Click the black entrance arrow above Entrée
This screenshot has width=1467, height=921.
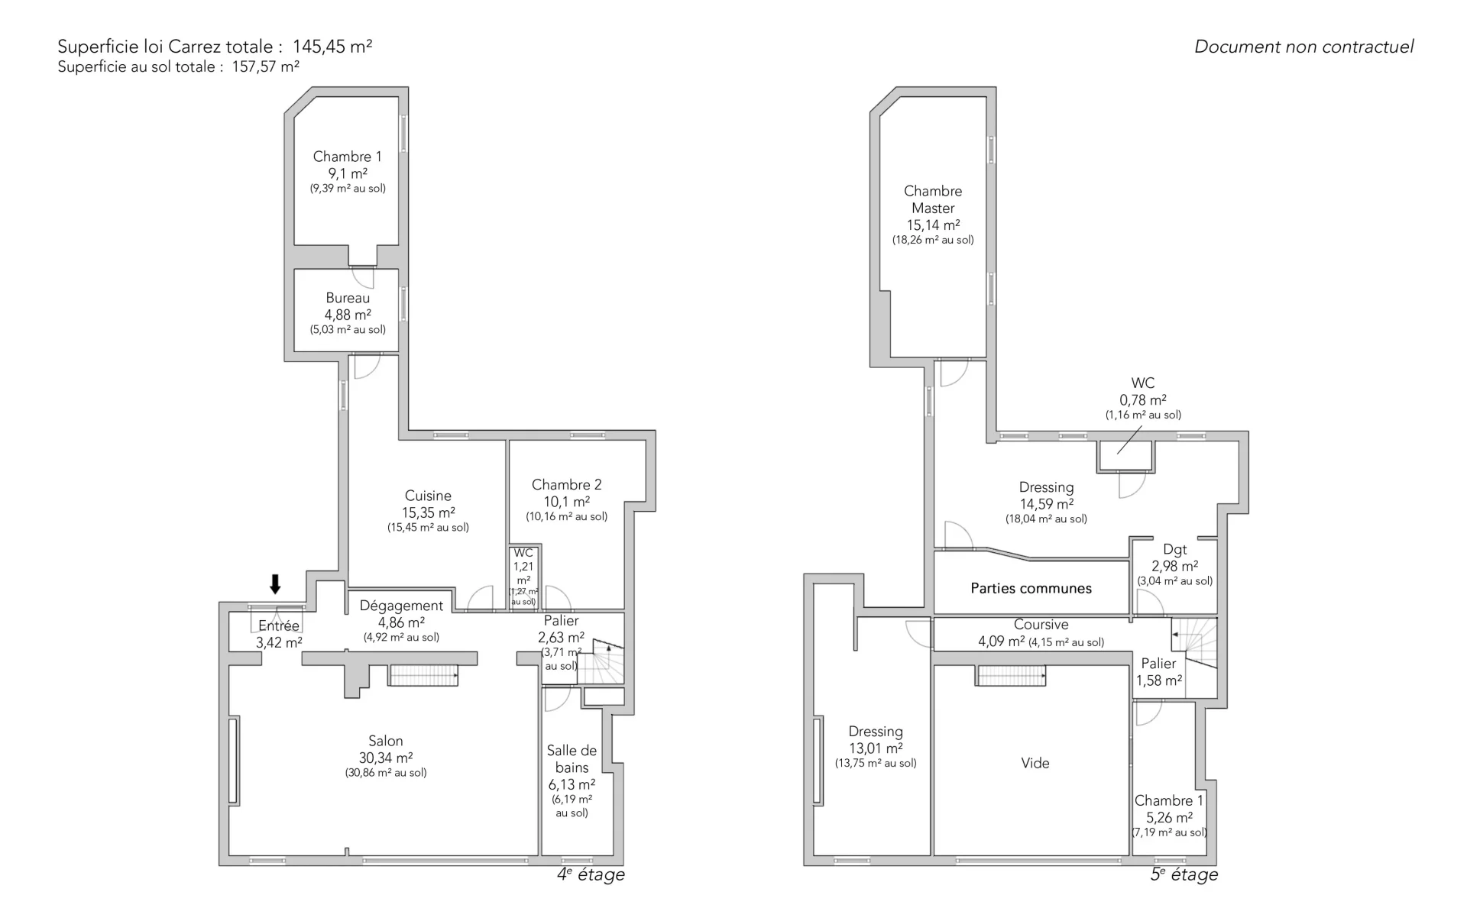[275, 584]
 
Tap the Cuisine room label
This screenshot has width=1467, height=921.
[428, 496]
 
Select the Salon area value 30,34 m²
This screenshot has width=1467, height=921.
[386, 758]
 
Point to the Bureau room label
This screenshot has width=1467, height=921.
[348, 298]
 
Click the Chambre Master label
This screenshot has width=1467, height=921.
[933, 199]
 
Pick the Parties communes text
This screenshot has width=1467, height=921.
[1031, 588]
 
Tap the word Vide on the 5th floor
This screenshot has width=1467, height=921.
[1035, 763]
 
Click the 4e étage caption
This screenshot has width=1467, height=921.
[591, 874]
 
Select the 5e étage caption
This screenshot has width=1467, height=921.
[1184, 874]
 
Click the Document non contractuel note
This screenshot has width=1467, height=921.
[1304, 47]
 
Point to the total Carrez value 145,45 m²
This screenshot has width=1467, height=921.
[332, 47]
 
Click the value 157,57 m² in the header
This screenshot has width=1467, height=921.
[266, 66]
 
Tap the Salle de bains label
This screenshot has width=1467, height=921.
[572, 759]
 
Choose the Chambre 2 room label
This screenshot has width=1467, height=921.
[566, 485]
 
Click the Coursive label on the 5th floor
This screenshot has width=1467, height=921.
[1041, 625]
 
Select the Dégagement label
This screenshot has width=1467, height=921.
[401, 606]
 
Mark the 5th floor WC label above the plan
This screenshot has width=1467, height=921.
[1143, 383]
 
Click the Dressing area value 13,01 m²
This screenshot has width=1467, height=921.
[876, 748]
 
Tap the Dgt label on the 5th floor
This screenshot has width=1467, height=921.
[1175, 550]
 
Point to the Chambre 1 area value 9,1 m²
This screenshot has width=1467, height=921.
[348, 173]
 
